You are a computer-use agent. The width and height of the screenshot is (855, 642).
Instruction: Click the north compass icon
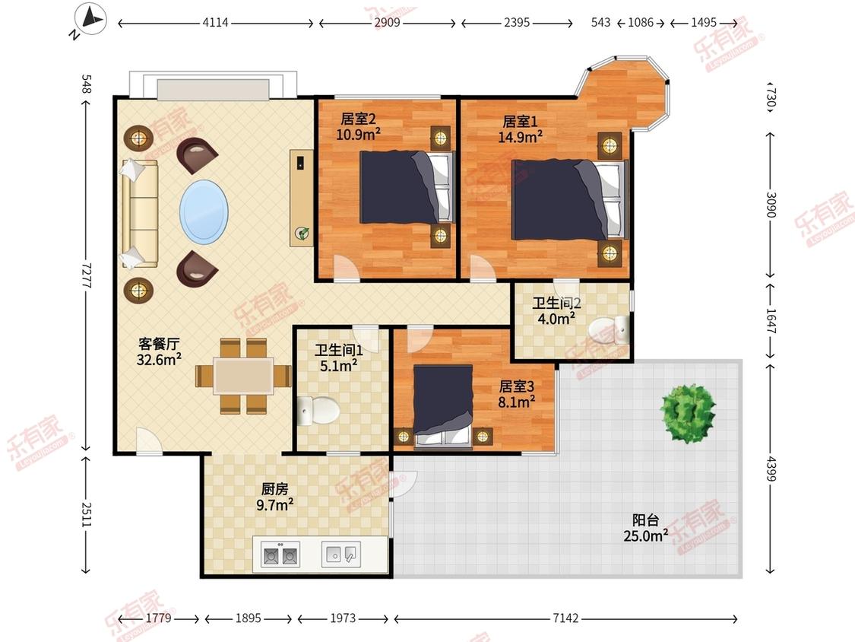click(90, 20)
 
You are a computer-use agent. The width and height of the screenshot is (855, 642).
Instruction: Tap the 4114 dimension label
click(215, 22)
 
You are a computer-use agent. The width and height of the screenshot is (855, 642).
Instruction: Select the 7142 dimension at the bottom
click(565, 618)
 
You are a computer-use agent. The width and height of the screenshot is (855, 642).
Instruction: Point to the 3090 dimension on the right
click(771, 204)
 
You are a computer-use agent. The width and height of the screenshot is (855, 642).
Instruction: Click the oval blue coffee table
click(204, 211)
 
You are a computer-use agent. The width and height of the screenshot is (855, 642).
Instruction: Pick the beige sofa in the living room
click(140, 214)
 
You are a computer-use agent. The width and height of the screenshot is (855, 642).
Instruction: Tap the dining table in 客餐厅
click(244, 376)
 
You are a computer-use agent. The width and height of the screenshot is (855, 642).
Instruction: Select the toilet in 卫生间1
click(318, 411)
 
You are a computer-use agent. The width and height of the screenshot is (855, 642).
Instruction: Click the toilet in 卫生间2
click(609, 329)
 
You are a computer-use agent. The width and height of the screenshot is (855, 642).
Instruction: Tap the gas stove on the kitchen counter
click(280, 555)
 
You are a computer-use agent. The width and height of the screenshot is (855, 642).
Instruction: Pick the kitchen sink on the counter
click(340, 554)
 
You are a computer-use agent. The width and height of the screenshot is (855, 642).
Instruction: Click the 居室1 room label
click(520, 122)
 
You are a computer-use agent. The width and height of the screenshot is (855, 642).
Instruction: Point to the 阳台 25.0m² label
click(646, 528)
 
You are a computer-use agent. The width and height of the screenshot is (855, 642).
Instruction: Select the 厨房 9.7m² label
click(275, 497)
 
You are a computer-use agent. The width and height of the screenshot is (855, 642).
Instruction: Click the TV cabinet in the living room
click(302, 198)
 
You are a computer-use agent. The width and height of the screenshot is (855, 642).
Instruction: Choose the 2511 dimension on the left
click(86, 514)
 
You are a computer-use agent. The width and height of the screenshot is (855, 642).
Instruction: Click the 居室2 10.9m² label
click(358, 126)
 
